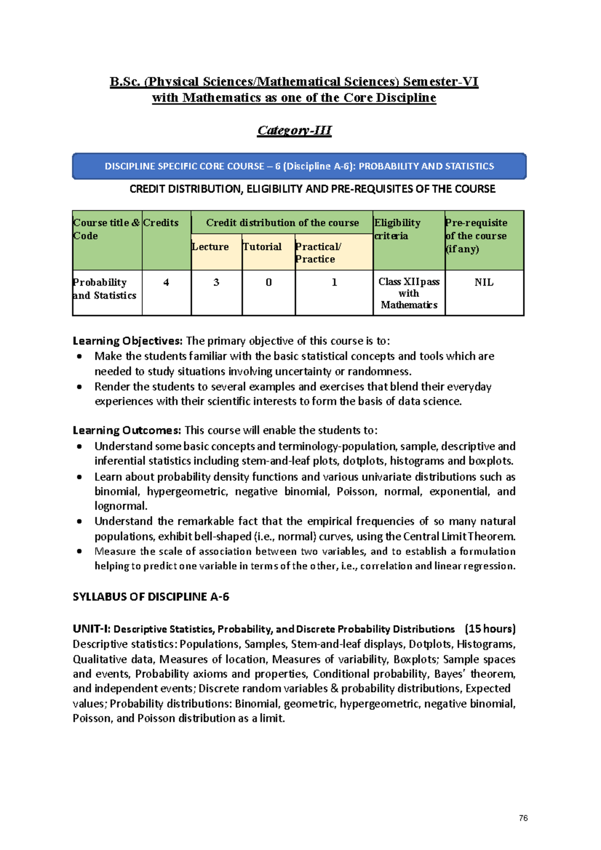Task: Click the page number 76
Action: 523,818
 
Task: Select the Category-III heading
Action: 294,130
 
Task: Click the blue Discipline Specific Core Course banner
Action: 299,166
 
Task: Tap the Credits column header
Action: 161,223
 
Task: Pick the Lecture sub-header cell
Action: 210,247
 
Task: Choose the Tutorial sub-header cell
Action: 262,247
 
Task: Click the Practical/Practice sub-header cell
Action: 319,253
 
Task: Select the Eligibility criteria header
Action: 398,229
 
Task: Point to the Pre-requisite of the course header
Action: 476,235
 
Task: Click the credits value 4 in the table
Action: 166,282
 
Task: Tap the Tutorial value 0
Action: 268,282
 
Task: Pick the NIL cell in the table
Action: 484,282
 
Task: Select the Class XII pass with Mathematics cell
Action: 409,293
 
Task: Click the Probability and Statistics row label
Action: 105,289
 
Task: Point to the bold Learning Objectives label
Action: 128,341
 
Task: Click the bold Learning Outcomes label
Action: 127,431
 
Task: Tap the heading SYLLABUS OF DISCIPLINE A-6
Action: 151,597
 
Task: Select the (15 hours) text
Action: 490,629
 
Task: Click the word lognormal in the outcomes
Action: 120,506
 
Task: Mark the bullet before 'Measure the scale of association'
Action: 79,551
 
